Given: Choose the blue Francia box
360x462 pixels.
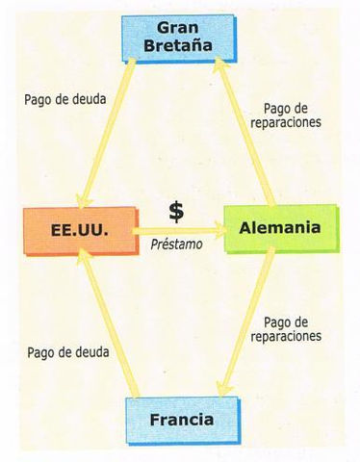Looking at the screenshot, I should pos(181,420).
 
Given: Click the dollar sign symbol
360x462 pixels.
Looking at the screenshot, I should pos(176,212).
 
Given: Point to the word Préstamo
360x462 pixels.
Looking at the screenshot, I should pos(176,245).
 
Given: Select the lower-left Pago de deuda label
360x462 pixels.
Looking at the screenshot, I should pos(68,352).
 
